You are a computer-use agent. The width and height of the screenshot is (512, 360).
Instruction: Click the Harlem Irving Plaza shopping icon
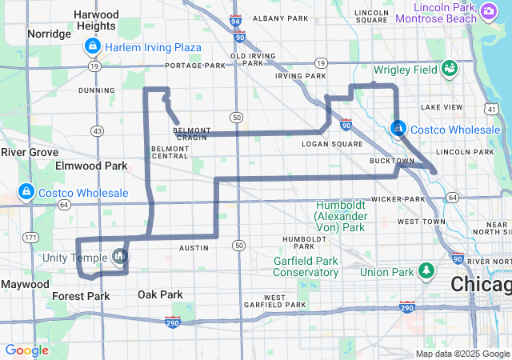click(x=92, y=47)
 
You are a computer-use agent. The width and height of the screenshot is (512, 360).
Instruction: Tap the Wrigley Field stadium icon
click(x=449, y=69)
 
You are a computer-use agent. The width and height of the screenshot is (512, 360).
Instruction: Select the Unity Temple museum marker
click(x=120, y=256)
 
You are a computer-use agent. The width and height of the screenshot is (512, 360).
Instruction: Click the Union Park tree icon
click(x=426, y=272)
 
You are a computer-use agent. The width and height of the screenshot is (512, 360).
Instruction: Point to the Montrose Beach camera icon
click(x=489, y=11)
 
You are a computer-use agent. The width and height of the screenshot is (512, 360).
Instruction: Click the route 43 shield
click(x=97, y=130)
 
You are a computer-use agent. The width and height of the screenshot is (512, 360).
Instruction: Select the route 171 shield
click(x=30, y=238)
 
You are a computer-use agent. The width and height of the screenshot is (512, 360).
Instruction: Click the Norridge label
click(x=49, y=34)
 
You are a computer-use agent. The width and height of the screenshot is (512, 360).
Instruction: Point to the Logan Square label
click(x=332, y=144)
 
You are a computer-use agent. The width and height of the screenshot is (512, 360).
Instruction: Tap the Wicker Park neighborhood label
click(x=397, y=198)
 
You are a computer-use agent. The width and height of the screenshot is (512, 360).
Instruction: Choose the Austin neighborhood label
click(x=194, y=248)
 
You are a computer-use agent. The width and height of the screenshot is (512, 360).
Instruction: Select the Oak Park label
click(x=160, y=294)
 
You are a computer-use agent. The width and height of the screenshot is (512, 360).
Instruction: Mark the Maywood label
click(x=25, y=284)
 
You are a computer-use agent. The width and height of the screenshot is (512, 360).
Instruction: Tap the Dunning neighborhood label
click(x=97, y=90)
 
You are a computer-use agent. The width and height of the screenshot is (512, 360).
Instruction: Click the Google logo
click(x=26, y=350)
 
